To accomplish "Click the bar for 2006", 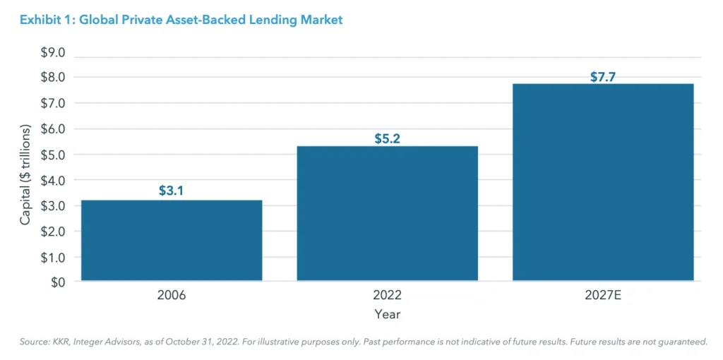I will click(x=172, y=240).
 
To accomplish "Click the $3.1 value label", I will click(x=172, y=190).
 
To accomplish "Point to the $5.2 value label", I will click(x=387, y=138).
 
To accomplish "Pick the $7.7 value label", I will click(x=602, y=77).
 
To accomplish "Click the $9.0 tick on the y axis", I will click(x=51, y=52).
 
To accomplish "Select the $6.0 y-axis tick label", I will click(x=51, y=129).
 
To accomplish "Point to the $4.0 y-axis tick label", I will click(x=51, y=180).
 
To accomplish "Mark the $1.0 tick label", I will click(x=51, y=257).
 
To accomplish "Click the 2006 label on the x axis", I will click(x=172, y=296).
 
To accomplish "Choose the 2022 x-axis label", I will click(x=387, y=296).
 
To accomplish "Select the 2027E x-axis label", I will click(x=602, y=296).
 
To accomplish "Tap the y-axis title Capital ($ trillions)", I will click(x=25, y=174).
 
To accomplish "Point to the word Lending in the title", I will click(x=275, y=20).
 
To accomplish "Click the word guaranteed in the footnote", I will click(x=682, y=342).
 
